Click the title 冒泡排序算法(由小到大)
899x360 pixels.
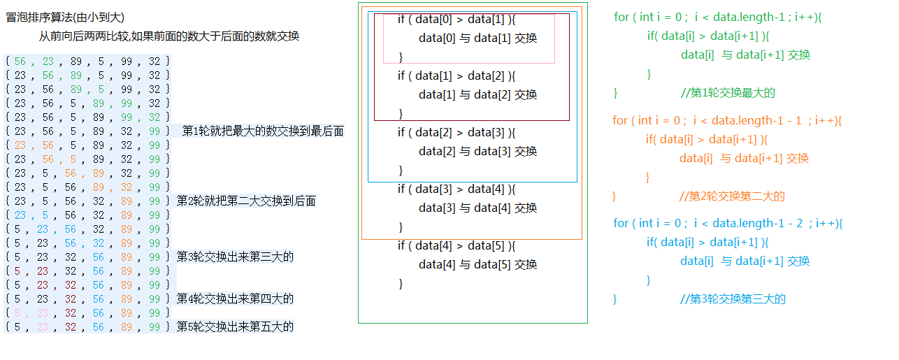pos(65,17)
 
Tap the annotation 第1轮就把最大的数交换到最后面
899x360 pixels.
pos(263,131)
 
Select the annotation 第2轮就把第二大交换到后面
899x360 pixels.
pos(246,201)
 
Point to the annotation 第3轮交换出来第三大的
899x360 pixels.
pos(235,257)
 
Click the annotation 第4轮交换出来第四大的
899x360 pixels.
pos(235,298)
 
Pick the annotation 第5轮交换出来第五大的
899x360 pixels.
pos(235,326)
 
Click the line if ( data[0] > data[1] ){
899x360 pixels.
pos(456,20)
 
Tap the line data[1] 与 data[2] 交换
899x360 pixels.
pos(477,94)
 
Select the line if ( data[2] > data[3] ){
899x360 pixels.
pos(456,132)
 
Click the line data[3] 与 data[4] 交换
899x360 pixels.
pos(477,208)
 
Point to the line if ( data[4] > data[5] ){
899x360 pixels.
pos(456,245)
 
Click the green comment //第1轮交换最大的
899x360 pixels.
pos(728,93)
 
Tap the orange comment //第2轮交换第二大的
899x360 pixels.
pos(732,196)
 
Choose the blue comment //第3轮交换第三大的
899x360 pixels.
pos(733,299)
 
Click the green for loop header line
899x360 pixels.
pos(718,17)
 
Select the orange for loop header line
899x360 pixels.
pos(727,120)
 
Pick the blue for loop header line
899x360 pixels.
pos(728,223)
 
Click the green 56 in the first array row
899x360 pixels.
pos(20,62)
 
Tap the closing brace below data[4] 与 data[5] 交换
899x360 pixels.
pos(401,284)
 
